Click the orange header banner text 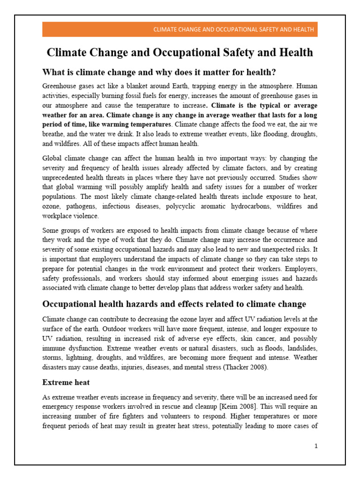point(233,30)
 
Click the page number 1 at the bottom point(316,446)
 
